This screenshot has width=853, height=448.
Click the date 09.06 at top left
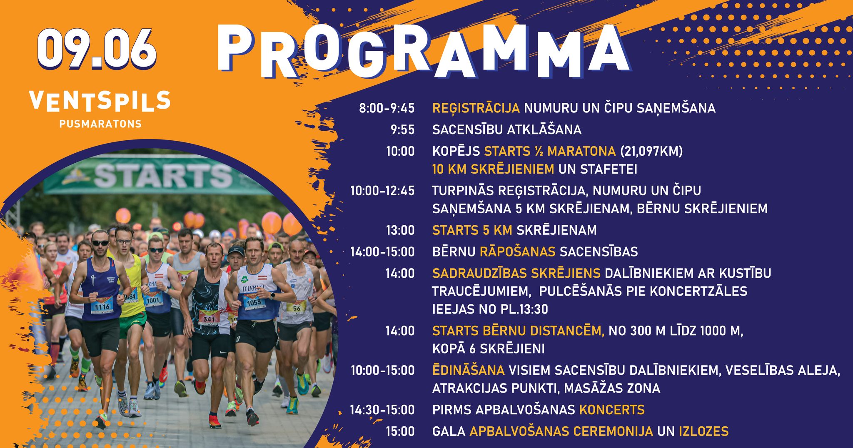(x=97, y=49)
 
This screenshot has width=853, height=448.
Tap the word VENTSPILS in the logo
(x=100, y=101)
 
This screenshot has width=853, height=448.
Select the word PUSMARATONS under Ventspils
(x=100, y=124)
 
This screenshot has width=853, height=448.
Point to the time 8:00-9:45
(x=387, y=108)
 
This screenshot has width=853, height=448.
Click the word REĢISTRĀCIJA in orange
(x=476, y=108)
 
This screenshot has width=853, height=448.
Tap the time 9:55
(x=402, y=130)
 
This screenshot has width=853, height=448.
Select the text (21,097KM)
(x=651, y=151)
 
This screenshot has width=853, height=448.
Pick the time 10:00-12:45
(x=382, y=191)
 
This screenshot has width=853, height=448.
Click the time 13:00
(x=400, y=230)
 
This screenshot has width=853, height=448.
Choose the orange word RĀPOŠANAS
(x=518, y=252)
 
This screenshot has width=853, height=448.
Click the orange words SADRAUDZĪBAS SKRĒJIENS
(x=516, y=273)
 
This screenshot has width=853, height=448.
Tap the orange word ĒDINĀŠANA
(x=468, y=370)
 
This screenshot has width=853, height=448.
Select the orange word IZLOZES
(x=703, y=431)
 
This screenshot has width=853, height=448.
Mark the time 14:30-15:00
(x=382, y=410)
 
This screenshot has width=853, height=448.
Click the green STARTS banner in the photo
(x=158, y=175)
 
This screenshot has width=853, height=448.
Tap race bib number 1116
(x=102, y=306)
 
